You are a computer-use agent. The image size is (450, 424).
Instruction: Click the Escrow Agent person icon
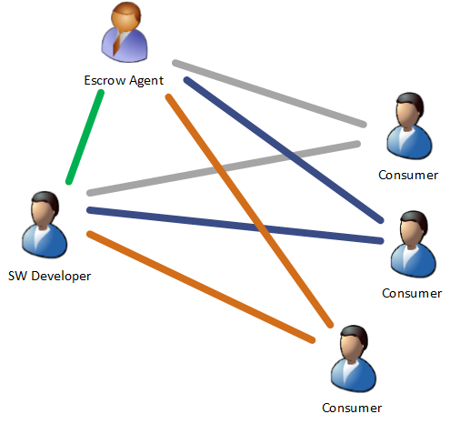[125, 32]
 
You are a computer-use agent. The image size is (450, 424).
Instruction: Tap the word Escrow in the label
[105, 80]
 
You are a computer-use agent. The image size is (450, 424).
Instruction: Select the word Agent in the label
[146, 81]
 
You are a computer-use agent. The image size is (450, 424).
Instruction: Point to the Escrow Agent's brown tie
[118, 44]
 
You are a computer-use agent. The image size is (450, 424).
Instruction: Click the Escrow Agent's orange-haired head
[126, 16]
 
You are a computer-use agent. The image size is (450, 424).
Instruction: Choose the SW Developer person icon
[45, 225]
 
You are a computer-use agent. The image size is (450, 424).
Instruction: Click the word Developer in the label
[61, 277]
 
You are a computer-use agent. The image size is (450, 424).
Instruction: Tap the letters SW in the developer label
[17, 276]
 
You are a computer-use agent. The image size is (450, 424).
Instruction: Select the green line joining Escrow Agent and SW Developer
[85, 136]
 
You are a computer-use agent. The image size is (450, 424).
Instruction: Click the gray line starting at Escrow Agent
[269, 94]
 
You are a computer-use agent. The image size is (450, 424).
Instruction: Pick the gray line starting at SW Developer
[224, 168]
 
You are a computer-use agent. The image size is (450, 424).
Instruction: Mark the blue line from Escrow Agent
[284, 150]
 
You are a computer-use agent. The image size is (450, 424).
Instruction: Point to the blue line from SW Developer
[235, 226]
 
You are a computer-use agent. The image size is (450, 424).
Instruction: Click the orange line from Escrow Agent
[249, 211]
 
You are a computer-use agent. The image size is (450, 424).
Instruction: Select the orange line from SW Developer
[201, 287]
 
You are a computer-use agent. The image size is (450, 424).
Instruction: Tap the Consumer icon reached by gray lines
[409, 126]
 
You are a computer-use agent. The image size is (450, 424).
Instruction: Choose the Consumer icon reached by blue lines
[414, 244]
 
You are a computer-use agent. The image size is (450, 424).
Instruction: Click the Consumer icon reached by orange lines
[354, 358]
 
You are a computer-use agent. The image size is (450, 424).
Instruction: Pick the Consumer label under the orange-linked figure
[352, 409]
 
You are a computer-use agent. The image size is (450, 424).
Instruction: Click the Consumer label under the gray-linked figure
[408, 176]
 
